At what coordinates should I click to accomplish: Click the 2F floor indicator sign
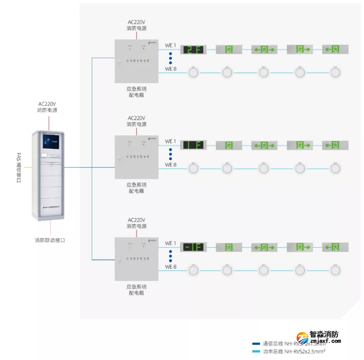pos(193,50)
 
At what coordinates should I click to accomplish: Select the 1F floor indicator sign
pos(193,145)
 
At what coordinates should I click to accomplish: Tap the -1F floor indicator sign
pos(193,247)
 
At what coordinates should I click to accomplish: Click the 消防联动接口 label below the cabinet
pos(50,240)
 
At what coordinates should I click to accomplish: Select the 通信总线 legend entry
pos(291,343)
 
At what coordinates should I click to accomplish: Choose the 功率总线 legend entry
pos(291,351)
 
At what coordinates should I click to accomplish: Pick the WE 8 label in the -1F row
pos(170,266)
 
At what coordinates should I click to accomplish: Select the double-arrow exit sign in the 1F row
pos(264,145)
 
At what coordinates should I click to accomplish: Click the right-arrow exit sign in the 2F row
pos(300,50)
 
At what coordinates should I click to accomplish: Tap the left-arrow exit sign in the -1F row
pos(335,247)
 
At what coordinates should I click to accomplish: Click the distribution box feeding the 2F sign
pos(136,61)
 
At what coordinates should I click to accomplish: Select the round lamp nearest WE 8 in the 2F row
pos(193,72)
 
